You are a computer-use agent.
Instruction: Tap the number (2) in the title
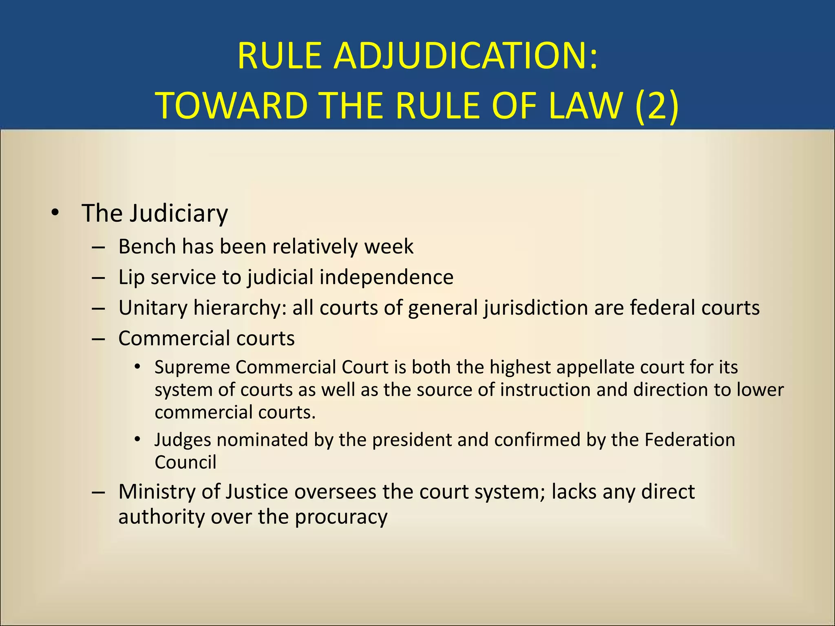657,106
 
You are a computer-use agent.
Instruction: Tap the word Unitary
152,308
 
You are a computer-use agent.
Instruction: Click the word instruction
545,390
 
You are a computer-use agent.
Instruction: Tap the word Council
186,462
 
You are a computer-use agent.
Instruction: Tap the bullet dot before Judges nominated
138,440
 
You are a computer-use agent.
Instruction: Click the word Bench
147,247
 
